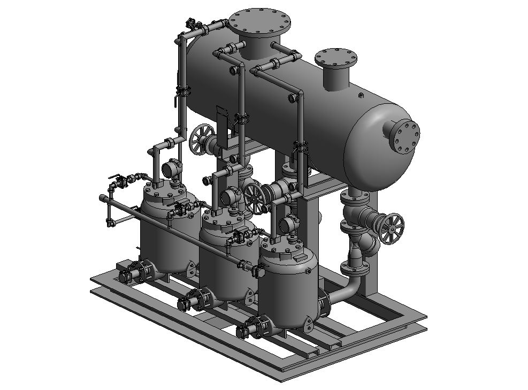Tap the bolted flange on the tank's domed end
(x=405, y=136)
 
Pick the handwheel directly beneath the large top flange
(x=202, y=139)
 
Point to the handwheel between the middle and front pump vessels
(x=255, y=197)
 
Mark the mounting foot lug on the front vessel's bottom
(x=309, y=324)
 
